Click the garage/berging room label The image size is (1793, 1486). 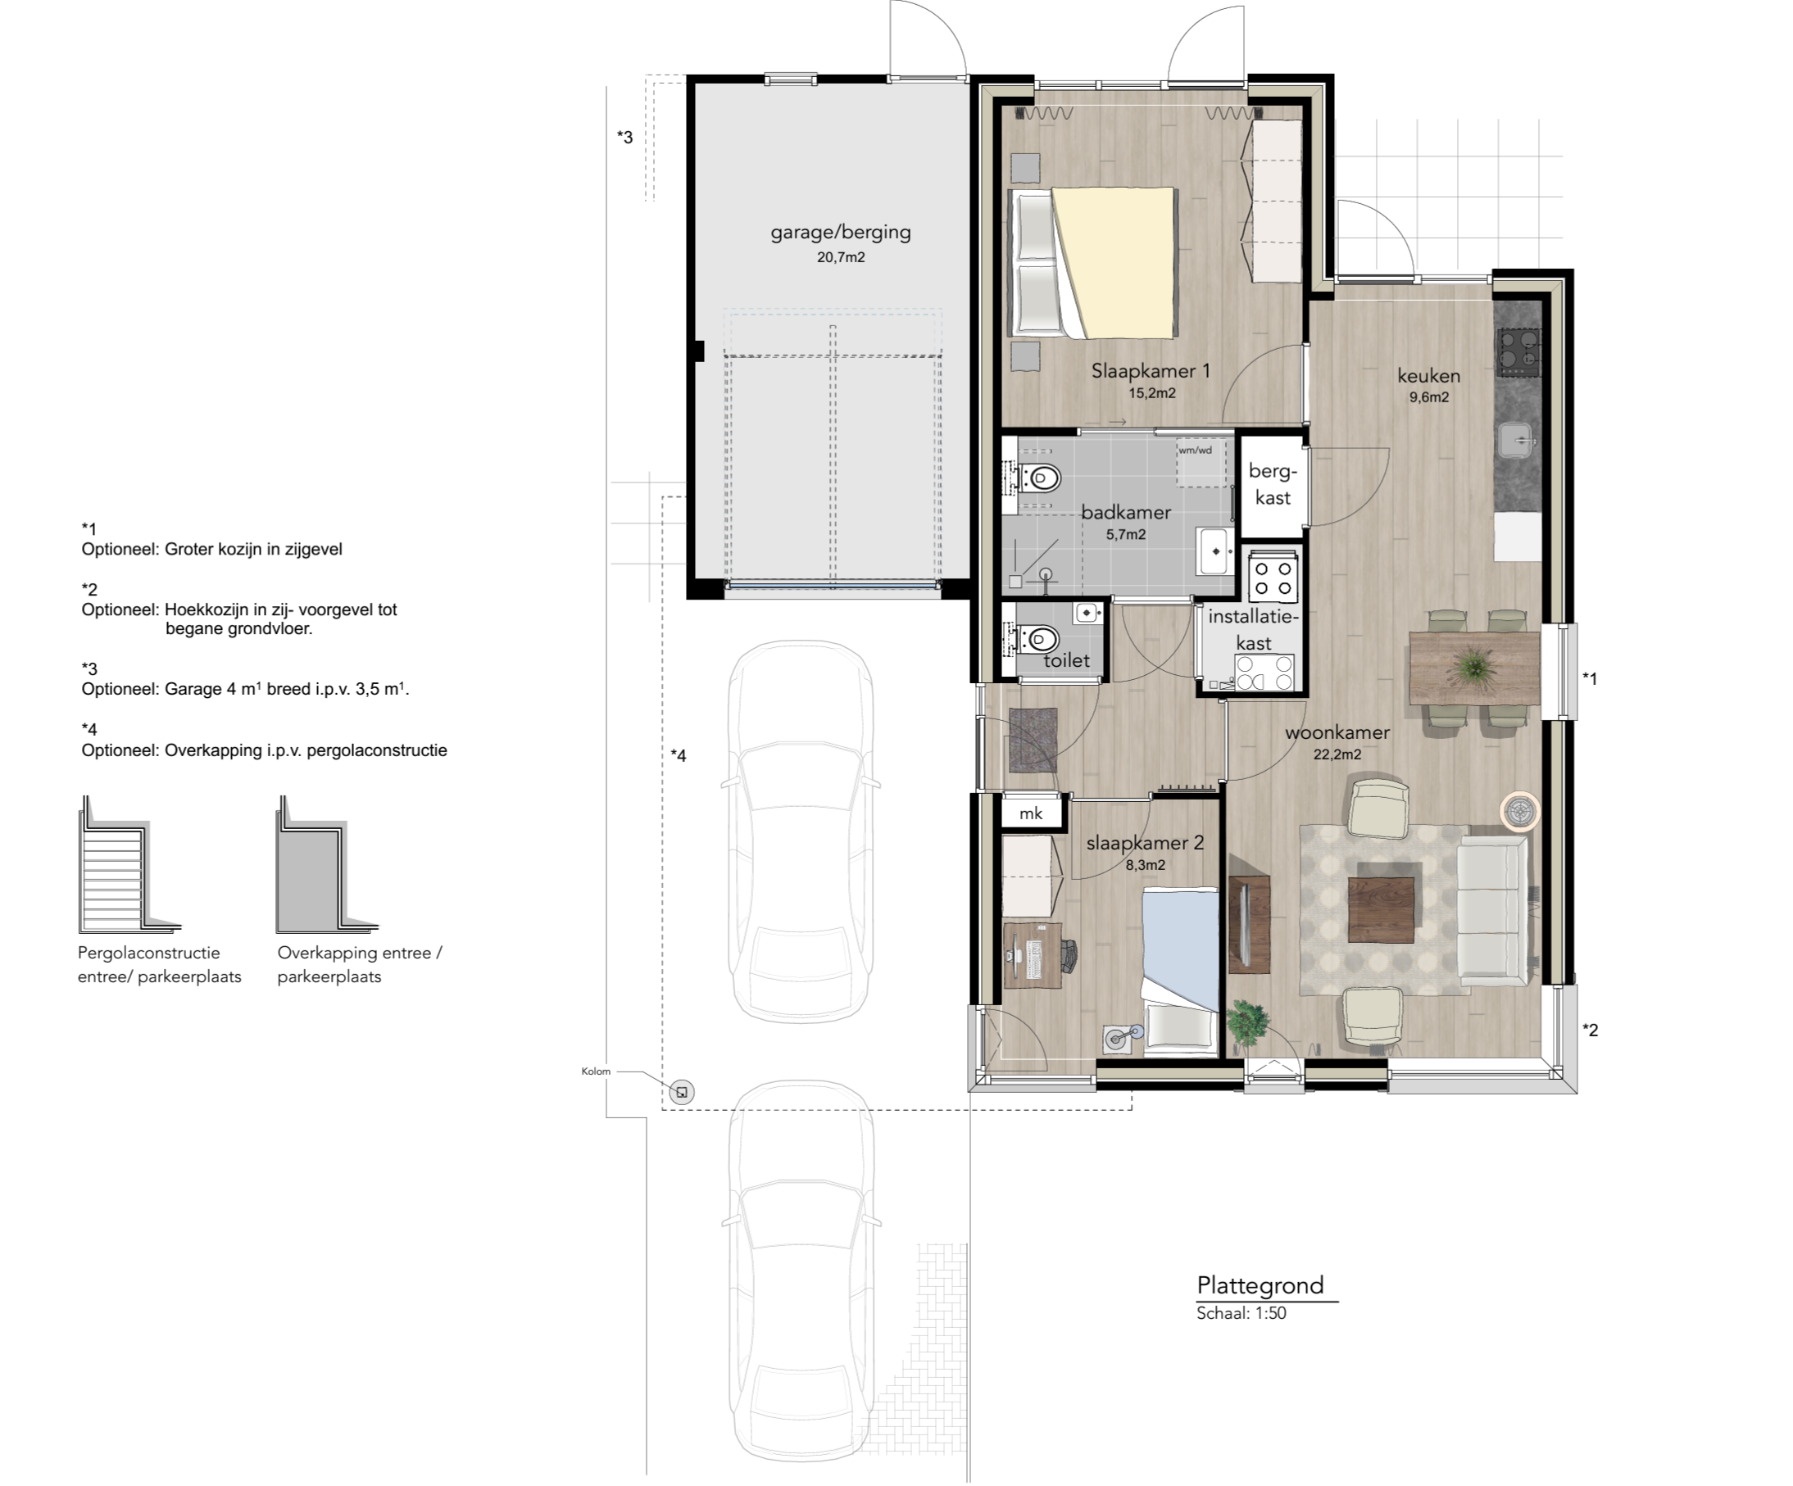point(840,232)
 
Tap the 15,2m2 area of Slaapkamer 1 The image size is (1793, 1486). point(1152,393)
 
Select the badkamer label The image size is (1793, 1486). point(1125,512)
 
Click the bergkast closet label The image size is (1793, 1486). point(1272,484)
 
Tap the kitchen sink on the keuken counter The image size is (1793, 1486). point(1517,441)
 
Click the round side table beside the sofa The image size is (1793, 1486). point(1520,812)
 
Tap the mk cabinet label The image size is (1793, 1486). point(1031,813)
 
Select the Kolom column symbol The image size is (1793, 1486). point(681,1092)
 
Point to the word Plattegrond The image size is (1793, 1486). point(1260,1284)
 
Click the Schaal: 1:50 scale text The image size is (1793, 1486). point(1241,1312)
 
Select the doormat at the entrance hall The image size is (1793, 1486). point(1033,738)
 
